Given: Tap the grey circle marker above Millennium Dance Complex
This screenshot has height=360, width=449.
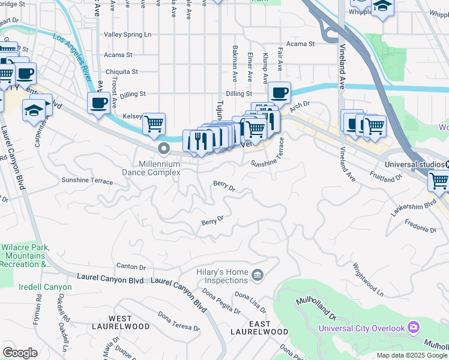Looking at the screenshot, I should click(x=163, y=148).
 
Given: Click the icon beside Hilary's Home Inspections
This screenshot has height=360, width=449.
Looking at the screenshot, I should click(x=258, y=275).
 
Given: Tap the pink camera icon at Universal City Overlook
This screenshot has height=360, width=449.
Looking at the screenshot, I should click(x=413, y=327).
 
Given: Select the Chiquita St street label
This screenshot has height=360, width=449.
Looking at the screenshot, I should click(x=122, y=71).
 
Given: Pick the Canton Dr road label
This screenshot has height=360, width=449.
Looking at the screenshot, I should click(x=131, y=266).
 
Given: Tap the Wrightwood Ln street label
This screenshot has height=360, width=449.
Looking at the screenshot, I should click(x=368, y=279).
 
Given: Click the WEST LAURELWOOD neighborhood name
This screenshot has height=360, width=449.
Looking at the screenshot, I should click(x=129, y=322).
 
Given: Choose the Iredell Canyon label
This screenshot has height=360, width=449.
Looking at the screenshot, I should click(x=45, y=287).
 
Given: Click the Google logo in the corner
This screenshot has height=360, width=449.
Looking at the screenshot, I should click(x=20, y=352).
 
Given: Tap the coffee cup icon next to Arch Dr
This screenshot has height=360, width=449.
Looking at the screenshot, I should click(x=279, y=93).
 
